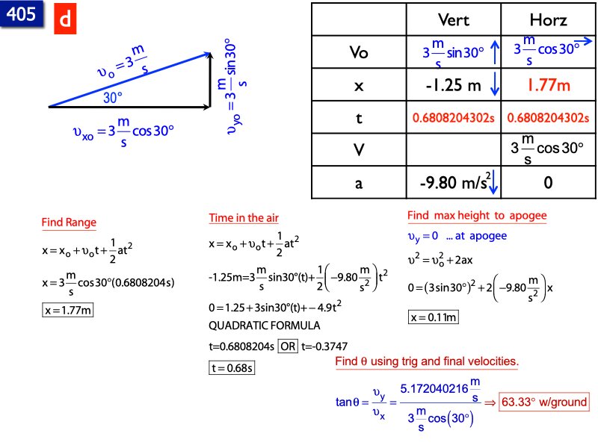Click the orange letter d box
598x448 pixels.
(65, 22)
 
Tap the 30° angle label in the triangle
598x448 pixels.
(112, 98)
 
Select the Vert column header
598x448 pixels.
(453, 19)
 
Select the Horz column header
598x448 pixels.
(548, 19)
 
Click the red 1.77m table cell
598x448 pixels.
(548, 85)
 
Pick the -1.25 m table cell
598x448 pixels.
(453, 86)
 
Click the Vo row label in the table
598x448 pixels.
(360, 52)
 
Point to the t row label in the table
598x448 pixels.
(360, 118)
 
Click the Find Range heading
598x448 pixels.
(69, 223)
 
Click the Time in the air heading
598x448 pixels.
(243, 218)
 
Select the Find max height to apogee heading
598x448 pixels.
(477, 216)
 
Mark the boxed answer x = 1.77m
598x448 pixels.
(67, 310)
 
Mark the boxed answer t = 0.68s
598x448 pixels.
(232, 367)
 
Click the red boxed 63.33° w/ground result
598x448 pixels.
(543, 402)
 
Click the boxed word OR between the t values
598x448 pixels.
(288, 346)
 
